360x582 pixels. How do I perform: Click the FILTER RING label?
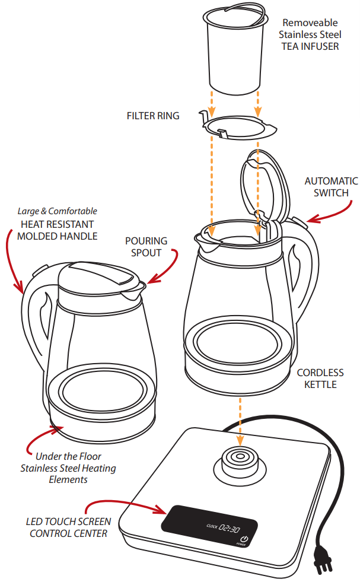tap(152, 116)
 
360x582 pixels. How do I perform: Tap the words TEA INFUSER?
tap(310, 46)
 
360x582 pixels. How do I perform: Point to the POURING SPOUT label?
tap(146, 247)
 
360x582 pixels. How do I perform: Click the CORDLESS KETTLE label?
tap(320, 379)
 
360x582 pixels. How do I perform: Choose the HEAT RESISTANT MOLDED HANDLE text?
tap(57, 230)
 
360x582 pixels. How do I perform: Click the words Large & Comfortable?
tap(57, 211)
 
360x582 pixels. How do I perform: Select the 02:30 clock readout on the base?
tap(229, 527)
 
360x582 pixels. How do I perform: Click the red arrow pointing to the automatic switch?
tap(330, 215)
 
